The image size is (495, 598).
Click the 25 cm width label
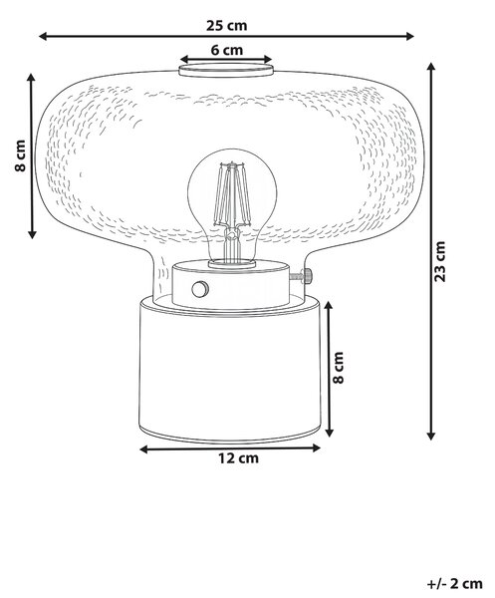[227, 26]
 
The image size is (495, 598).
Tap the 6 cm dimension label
[227, 50]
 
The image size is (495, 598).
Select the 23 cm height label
[440, 261]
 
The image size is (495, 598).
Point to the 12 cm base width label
[238, 457]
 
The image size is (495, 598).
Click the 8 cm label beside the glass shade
[21, 155]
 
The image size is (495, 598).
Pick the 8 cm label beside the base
[338, 367]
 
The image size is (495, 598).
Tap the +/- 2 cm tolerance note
[454, 583]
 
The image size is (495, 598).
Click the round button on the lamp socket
[199, 289]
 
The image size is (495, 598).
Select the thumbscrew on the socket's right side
[303, 276]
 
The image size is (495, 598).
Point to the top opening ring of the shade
[226, 70]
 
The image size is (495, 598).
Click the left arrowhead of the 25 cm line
[43, 36]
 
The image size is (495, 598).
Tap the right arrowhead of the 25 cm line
[410, 36]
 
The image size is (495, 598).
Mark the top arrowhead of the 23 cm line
[431, 67]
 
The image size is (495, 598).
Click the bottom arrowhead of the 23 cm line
[431, 436]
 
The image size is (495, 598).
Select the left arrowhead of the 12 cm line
[143, 449]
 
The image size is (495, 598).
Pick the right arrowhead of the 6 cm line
[268, 59]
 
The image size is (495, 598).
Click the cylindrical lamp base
[230, 370]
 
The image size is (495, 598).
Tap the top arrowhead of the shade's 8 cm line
[32, 78]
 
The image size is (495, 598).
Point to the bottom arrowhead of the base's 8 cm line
[330, 433]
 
